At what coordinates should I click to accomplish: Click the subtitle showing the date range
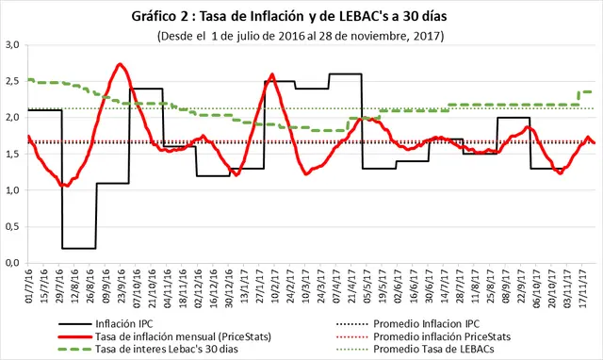(301, 36)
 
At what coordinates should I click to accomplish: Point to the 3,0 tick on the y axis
(12, 44)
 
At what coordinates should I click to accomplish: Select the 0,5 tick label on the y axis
(12, 226)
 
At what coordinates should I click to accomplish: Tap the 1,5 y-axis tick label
(12, 154)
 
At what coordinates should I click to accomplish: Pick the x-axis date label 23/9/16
(121, 286)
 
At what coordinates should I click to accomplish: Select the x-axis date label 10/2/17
(275, 286)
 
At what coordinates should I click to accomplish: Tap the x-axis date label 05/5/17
(367, 286)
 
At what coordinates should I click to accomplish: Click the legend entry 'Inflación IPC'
(123, 324)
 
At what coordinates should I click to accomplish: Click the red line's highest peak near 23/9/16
(120, 64)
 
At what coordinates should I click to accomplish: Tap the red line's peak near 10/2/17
(272, 74)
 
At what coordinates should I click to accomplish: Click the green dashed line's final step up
(578, 98)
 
